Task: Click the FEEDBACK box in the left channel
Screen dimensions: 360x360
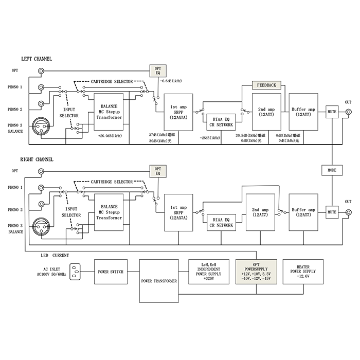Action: pos(266,85)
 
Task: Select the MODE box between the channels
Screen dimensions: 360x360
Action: pos(331,170)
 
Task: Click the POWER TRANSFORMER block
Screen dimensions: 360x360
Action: pos(159,281)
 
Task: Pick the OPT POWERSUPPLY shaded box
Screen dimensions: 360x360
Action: pos(257,272)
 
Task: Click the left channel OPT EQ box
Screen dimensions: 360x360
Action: pos(158,71)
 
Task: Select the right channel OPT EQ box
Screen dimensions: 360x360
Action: pos(158,171)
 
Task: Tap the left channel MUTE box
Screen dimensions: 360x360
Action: pos(331,111)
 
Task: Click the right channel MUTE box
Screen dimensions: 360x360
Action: pos(331,211)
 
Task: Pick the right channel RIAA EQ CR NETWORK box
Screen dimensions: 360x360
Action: pos(221,222)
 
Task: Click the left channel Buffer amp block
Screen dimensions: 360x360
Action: pos(303,111)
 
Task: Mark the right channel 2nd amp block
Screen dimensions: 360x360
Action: pos(260,212)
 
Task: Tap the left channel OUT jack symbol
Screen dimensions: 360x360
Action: pos(349,112)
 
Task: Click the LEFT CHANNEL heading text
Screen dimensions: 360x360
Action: pos(37,59)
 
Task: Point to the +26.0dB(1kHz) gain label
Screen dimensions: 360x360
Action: pos(109,136)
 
